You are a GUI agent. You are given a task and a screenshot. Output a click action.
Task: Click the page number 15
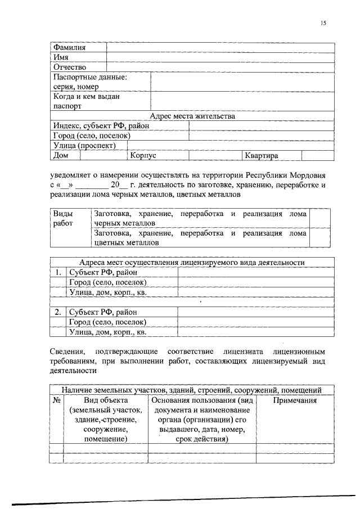[x=323, y=24]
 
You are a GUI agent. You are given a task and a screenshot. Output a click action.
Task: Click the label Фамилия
[x=69, y=47]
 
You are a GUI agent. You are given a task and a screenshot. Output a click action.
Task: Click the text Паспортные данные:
[x=89, y=78]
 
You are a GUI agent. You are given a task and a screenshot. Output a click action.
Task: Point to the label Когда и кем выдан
[x=86, y=96]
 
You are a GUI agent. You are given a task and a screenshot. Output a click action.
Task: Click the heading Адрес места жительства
[x=192, y=116]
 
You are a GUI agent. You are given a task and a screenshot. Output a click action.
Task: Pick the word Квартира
[x=262, y=155]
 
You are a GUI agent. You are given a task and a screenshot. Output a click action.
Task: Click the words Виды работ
[x=63, y=218]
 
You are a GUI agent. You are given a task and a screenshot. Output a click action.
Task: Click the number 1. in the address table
[x=58, y=272]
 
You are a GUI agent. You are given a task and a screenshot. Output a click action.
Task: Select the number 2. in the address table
[x=58, y=312]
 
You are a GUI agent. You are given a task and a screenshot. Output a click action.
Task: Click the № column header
[x=56, y=400]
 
